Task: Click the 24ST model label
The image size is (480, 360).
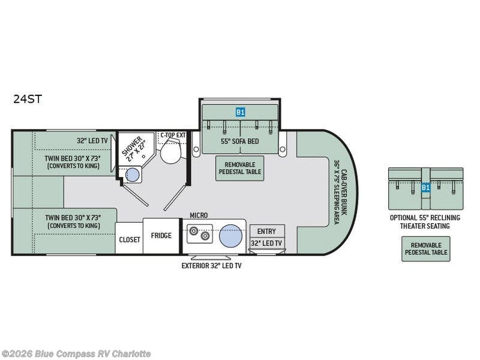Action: coord(27,99)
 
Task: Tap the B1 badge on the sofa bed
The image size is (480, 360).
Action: coord(241,112)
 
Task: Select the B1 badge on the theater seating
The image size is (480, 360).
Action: coord(425,187)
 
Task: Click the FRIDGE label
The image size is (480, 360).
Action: coord(161,235)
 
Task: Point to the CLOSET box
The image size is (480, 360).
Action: coord(129,238)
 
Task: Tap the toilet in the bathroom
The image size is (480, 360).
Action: coord(171,151)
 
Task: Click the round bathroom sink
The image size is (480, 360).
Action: coord(133,175)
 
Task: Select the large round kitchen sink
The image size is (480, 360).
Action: coord(231,236)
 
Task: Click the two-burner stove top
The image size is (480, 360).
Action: coord(200,233)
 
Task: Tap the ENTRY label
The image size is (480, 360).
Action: coord(266,232)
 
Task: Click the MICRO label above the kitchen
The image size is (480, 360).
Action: coord(199,215)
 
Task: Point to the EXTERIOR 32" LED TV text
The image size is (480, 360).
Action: coord(212,265)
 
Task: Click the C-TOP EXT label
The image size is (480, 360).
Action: coord(173,134)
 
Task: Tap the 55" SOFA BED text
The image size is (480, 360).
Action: coord(240,141)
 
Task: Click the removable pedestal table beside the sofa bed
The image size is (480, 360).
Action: coord(239,169)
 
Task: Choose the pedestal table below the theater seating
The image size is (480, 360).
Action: coord(426,249)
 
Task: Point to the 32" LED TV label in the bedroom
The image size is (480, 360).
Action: coord(92,140)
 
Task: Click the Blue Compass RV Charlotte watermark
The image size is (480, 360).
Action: coord(76,354)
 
